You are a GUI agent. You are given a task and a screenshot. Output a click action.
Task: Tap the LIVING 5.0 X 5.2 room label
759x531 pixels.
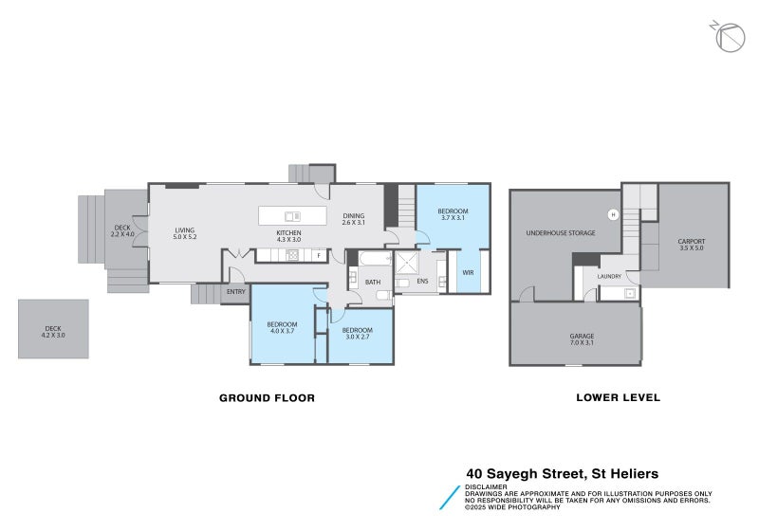tap(184, 233)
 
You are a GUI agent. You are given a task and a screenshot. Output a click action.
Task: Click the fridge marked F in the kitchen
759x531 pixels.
tap(318, 256)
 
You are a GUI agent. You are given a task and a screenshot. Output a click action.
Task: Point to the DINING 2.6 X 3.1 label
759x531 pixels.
tap(354, 219)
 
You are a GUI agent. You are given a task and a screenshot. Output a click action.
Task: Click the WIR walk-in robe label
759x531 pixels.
tap(468, 272)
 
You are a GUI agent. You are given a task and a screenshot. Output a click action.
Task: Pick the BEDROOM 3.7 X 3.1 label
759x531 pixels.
tap(453, 214)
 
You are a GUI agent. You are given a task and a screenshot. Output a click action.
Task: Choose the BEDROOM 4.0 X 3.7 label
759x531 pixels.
tap(282, 328)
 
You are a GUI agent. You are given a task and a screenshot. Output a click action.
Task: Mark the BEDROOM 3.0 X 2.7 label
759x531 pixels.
tap(358, 333)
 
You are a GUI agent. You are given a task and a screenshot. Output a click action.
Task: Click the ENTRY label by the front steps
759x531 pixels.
tap(236, 291)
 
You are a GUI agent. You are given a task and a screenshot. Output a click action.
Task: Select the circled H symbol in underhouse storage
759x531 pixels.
tap(613, 214)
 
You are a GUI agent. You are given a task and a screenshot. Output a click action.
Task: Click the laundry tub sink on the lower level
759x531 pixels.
tap(629, 293)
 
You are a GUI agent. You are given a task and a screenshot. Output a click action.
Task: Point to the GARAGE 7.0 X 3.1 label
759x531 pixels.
tap(581, 339)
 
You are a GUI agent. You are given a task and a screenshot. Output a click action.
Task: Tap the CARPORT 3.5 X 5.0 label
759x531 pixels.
tap(692, 245)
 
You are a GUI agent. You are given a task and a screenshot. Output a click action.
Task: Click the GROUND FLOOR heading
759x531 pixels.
tap(267, 398)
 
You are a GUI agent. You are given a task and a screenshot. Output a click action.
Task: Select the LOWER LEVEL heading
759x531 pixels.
tap(618, 398)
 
